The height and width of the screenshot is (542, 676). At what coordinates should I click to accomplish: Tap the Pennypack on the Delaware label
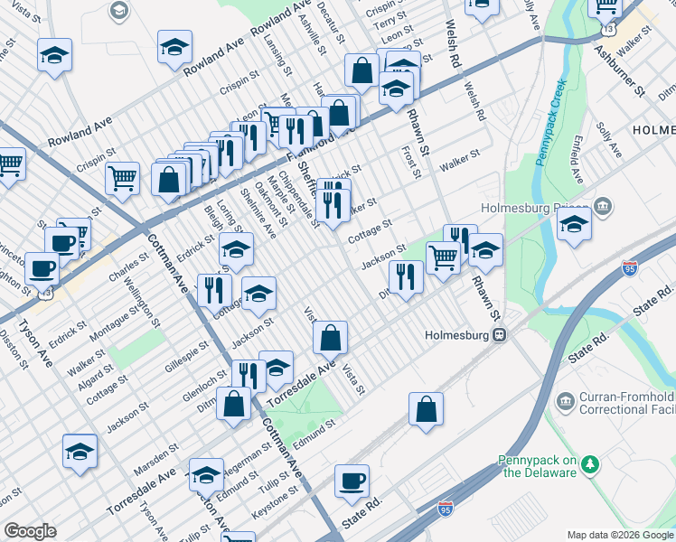(x=538, y=465)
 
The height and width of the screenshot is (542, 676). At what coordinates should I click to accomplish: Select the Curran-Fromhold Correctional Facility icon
(x=565, y=400)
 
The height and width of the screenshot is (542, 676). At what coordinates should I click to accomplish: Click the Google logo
(x=31, y=531)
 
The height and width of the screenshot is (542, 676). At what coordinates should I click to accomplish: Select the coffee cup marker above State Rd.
(x=352, y=482)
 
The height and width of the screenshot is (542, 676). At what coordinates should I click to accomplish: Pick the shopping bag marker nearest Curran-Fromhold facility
(x=426, y=409)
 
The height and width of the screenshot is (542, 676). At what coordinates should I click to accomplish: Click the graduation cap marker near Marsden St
(x=80, y=452)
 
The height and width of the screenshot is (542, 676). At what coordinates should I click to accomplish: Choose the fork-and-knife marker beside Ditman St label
(x=405, y=277)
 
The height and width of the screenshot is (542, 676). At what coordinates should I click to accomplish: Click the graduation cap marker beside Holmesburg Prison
(x=573, y=225)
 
